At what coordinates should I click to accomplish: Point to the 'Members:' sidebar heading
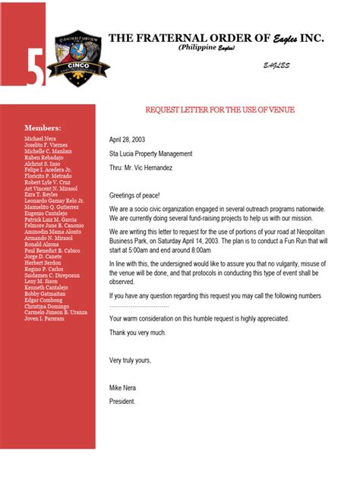click(43, 128)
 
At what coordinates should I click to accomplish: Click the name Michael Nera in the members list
click(40, 140)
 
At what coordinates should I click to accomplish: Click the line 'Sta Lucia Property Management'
click(150, 153)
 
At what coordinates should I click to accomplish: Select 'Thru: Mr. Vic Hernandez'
click(141, 167)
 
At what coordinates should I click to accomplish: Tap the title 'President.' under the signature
click(122, 401)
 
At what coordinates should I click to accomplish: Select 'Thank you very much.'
click(137, 333)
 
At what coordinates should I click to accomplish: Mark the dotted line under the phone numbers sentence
click(139, 305)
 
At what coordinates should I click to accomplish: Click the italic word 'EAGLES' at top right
click(276, 66)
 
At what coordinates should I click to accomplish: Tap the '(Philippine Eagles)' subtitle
click(207, 48)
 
